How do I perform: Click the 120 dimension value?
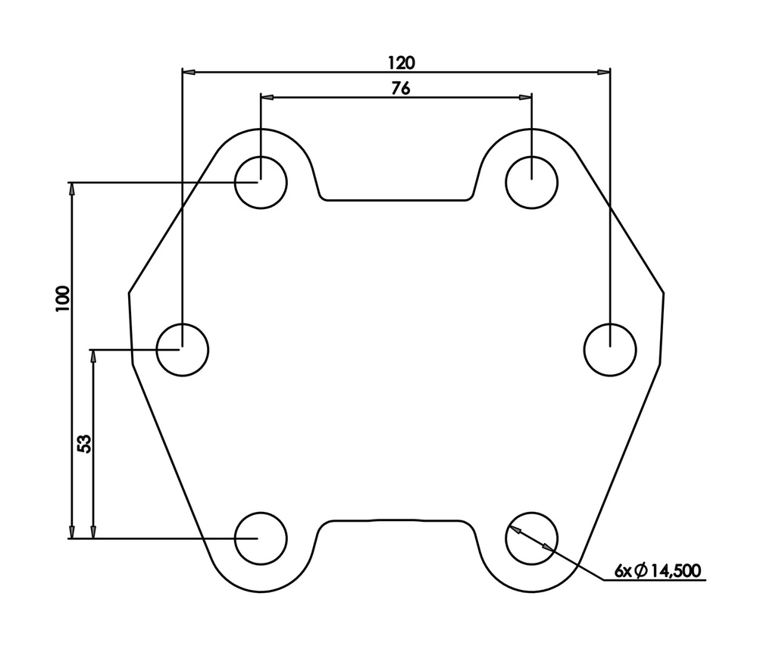[x=401, y=61]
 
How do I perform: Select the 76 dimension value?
[x=401, y=88]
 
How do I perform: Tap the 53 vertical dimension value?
[x=85, y=443]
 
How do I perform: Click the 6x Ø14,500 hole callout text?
[x=658, y=570]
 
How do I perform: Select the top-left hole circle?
[x=261, y=182]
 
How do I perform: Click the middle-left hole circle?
[x=182, y=349]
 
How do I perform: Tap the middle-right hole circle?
[x=611, y=349]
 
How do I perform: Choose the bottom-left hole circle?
[x=261, y=538]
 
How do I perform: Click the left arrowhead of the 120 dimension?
[x=189, y=72]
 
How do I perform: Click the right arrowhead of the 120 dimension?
[x=603, y=72]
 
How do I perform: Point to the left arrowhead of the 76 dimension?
[x=267, y=98]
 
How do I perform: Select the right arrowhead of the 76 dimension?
[x=525, y=98]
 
